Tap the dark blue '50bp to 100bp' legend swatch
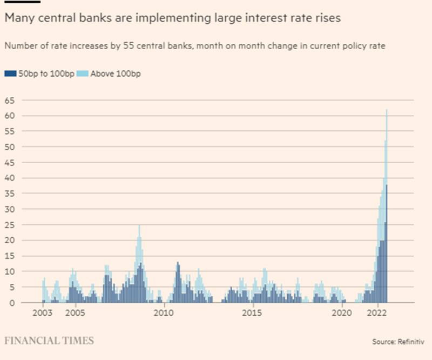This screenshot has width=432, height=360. pyautogui.click(x=8, y=74)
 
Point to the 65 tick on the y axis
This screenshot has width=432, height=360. pyautogui.click(x=10, y=101)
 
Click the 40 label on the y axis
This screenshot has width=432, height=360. pyautogui.click(x=10, y=178)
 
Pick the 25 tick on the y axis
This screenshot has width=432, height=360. pyautogui.click(x=10, y=225)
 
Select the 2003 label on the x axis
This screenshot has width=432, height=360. pyautogui.click(x=42, y=312)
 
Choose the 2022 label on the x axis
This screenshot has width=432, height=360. pyautogui.click(x=376, y=312)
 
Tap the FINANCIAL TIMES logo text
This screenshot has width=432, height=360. pyautogui.click(x=49, y=341)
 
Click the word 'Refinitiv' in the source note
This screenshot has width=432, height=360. pyautogui.click(x=413, y=342)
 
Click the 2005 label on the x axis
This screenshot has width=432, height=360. pyautogui.click(x=75, y=312)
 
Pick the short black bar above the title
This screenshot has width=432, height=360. pyautogui.click(x=15, y=2)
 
